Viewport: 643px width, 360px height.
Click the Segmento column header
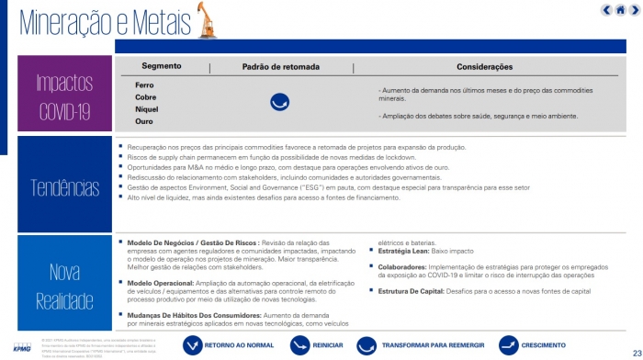click(x=162, y=67)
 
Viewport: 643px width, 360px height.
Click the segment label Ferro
click(x=144, y=84)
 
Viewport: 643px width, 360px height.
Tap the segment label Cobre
click(x=145, y=96)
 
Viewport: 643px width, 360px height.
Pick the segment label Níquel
click(x=147, y=108)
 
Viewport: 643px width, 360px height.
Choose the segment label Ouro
click(x=144, y=120)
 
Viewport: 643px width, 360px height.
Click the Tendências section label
click(x=64, y=186)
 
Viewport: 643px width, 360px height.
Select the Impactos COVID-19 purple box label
click(x=64, y=96)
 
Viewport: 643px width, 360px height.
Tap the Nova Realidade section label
click(x=64, y=285)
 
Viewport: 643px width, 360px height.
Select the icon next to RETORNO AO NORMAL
click(x=193, y=344)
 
